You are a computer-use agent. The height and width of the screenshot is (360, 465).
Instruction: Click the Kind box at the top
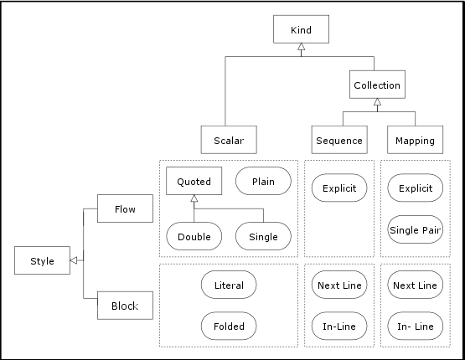(x=301, y=30)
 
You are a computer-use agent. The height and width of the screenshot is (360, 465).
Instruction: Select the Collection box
(x=377, y=85)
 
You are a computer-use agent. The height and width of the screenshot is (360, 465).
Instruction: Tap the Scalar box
(x=228, y=140)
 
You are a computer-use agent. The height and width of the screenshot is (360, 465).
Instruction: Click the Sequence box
(x=338, y=140)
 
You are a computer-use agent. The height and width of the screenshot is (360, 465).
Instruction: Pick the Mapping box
(x=416, y=140)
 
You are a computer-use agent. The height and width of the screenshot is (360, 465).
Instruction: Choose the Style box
(x=42, y=260)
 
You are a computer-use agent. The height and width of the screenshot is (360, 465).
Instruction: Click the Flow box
(x=125, y=208)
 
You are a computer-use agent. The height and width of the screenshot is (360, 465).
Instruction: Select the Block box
(x=125, y=306)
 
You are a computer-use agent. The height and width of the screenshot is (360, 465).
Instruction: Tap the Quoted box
(x=194, y=181)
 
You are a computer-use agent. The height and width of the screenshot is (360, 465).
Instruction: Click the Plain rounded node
(x=263, y=181)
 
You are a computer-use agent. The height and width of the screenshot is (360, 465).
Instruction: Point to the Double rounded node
(x=194, y=236)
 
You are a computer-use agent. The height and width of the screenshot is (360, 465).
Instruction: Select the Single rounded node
(x=263, y=236)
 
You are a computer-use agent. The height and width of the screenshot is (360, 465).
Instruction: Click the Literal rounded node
(x=229, y=285)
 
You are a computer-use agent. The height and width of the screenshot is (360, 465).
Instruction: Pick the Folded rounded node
(x=229, y=325)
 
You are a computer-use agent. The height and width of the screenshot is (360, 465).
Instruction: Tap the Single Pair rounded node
(x=416, y=229)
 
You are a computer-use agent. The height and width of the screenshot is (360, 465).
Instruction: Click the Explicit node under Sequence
(x=338, y=188)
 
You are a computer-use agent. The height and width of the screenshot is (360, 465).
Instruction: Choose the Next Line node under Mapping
(x=416, y=285)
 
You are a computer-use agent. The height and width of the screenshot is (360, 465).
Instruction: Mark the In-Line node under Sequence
(x=338, y=325)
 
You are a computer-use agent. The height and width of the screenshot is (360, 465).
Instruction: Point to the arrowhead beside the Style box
(x=74, y=260)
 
